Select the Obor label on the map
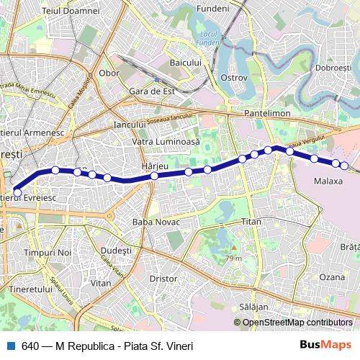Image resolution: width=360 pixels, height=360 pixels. click(109, 73)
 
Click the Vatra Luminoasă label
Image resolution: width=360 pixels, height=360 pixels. click(166, 142)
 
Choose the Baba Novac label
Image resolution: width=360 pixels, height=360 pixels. click(155, 222)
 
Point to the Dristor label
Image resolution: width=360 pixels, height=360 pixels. click(163, 277)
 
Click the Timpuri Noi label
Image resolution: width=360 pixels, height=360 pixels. click(48, 253)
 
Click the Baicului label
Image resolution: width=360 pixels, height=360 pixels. click(185, 63)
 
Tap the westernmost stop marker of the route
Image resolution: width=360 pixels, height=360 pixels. click(17, 192)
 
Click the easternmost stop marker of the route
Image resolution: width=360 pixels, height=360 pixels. click(344, 166)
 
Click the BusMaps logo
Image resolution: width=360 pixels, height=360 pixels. click(321, 346)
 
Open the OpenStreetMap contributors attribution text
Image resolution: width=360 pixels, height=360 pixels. click(298, 322)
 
